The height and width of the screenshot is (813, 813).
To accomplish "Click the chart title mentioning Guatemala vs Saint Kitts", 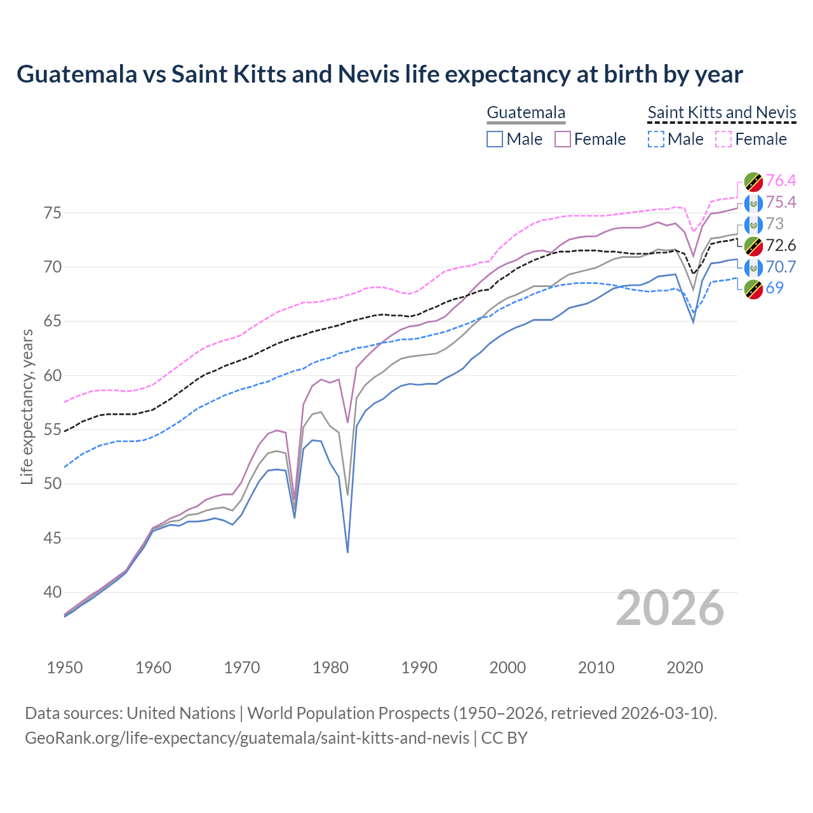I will [x=379, y=74].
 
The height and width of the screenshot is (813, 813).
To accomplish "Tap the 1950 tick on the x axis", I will [x=65, y=668].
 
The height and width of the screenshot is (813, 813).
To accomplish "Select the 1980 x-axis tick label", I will [x=330, y=668].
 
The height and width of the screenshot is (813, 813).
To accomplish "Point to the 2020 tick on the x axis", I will [x=685, y=668].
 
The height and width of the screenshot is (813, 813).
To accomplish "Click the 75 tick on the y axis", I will [x=53, y=213].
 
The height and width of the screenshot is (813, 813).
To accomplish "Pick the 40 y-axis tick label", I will [x=53, y=592].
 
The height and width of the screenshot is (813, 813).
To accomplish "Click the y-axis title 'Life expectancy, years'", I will [x=27, y=406].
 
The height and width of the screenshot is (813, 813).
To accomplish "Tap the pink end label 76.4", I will [x=781, y=181].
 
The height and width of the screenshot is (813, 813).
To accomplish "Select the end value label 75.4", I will [x=781, y=203].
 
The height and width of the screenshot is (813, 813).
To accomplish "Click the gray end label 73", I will [x=774, y=224].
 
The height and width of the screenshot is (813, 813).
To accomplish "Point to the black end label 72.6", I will [x=781, y=246].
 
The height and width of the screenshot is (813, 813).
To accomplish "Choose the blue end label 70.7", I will [x=781, y=267].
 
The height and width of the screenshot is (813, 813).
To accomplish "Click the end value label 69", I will [x=774, y=288].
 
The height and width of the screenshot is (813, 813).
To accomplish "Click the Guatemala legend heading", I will [x=525, y=113].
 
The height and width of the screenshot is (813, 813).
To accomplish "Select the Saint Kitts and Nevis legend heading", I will [x=722, y=113].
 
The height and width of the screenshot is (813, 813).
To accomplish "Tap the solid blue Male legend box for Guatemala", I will [x=495, y=139].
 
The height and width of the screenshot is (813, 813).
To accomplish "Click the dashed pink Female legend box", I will [x=723, y=139].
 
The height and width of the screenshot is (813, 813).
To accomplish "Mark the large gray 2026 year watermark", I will [x=669, y=608].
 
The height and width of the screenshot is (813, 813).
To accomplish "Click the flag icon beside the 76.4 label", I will [x=753, y=182].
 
